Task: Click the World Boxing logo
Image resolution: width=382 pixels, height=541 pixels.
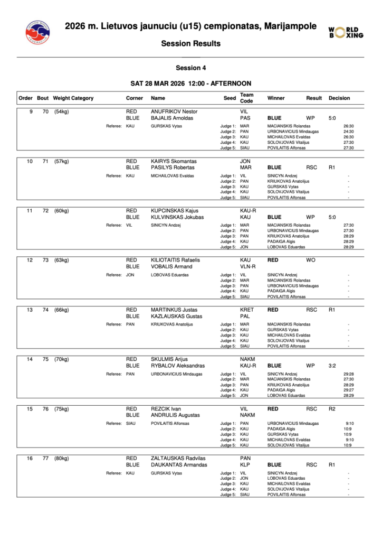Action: tap(346, 32)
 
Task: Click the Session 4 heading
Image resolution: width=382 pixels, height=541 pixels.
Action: tap(190, 68)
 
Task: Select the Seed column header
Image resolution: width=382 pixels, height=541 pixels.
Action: tap(230, 98)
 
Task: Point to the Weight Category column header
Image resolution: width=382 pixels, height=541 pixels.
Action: tap(73, 98)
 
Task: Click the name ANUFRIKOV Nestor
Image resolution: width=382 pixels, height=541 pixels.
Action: tap(174, 111)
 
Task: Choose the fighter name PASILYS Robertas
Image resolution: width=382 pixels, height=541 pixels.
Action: tap(172, 167)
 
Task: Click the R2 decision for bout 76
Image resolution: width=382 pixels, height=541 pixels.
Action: tap(332, 408)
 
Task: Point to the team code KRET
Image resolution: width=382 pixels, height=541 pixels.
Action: tap(247, 310)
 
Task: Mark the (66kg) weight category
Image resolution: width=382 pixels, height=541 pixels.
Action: tap(62, 310)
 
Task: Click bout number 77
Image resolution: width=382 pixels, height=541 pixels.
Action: tap(46, 458)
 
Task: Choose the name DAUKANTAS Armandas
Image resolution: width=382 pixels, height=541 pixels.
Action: tap(179, 465)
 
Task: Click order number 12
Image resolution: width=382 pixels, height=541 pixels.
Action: tap(30, 260)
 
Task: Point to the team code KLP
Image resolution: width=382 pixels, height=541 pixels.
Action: tap(245, 465)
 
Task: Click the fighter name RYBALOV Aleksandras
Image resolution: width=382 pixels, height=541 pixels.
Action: tap(178, 366)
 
